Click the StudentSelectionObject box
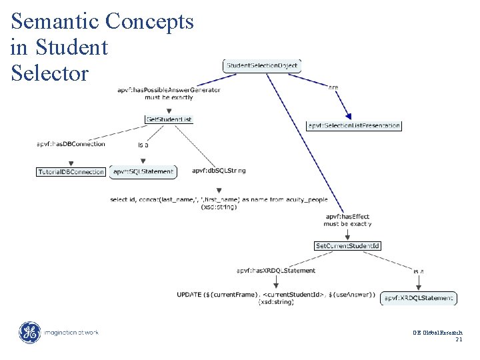[262, 65]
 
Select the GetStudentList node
[169, 119]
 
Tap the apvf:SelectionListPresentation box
[354, 125]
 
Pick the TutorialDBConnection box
[71, 171]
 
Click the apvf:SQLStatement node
[143, 171]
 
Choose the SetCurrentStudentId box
[347, 246]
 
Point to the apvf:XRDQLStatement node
[419, 298]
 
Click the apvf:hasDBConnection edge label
[71, 144]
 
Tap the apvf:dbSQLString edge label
[219, 171]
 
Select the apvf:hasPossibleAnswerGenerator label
[169, 90]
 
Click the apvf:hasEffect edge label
[347, 217]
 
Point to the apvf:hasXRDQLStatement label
[276, 271]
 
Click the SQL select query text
[219, 199]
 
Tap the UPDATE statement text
[276, 295]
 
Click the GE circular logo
[29, 332]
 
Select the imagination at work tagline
[71, 332]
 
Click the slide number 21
[459, 339]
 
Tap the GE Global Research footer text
[437, 332]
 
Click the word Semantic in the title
[55, 22]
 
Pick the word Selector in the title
[49, 73]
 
